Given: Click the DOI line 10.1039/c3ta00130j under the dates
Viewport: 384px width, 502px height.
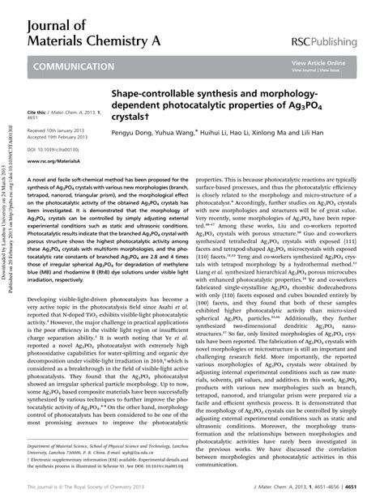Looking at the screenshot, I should [49, 150].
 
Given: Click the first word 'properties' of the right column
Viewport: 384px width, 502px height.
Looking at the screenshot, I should [209, 180].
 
